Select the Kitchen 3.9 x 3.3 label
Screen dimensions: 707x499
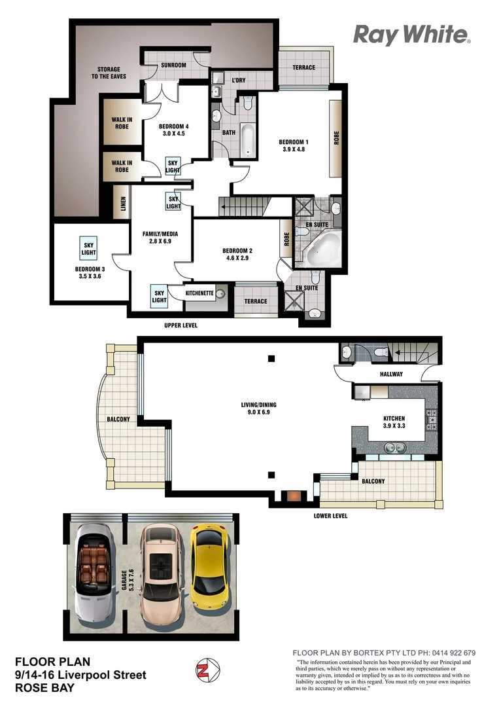pos(394,422)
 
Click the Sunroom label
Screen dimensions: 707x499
pos(174,65)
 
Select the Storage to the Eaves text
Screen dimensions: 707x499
pos(109,73)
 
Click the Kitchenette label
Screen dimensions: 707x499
pos(199,293)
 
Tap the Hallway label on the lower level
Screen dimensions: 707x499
pos(390,374)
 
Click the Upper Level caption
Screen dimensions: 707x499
pos(180,325)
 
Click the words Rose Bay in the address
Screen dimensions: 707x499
pos(44,687)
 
